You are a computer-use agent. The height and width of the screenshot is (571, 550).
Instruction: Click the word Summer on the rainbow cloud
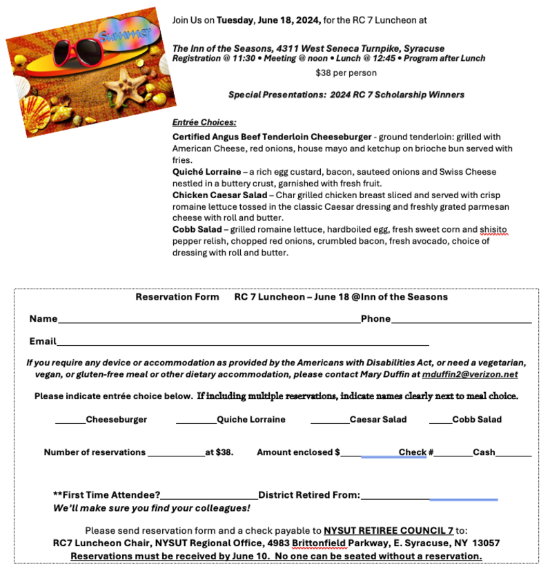[x=125, y=35]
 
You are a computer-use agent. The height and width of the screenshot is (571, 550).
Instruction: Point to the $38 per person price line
[x=346, y=72]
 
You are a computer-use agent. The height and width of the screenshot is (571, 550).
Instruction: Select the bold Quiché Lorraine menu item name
[x=207, y=172]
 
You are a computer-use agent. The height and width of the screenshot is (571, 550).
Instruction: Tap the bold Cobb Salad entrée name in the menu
[x=198, y=229]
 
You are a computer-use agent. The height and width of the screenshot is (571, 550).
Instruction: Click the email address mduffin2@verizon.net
[x=470, y=374]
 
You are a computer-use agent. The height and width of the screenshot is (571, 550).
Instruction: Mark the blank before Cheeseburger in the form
[x=70, y=421]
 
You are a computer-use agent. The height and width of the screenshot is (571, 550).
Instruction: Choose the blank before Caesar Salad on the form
[x=329, y=421]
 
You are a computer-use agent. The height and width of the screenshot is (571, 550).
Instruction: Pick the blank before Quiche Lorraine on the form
[x=196, y=421]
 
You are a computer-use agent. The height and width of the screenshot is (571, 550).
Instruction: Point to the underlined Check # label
[x=415, y=452]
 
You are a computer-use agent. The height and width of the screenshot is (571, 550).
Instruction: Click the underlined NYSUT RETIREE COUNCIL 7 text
[x=389, y=530]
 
